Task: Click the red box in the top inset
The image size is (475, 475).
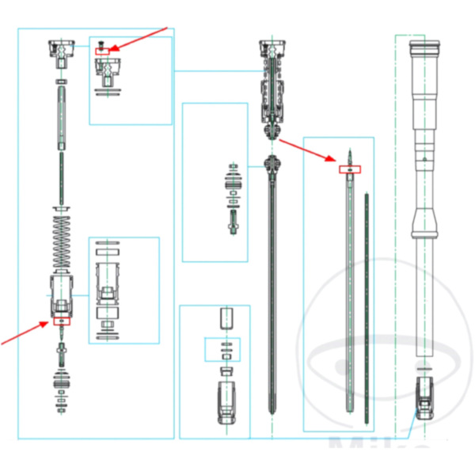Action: click(x=104, y=51)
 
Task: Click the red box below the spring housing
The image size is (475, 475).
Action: click(x=61, y=321)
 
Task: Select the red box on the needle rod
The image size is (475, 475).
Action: click(x=349, y=169)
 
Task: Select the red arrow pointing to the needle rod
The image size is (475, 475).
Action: click(x=309, y=151)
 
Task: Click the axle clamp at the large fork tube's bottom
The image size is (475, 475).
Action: click(x=426, y=396)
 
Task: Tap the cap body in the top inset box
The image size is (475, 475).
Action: click(x=106, y=73)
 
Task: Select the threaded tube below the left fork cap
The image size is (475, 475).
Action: click(x=61, y=119)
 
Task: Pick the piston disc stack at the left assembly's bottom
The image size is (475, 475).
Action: click(x=61, y=380)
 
